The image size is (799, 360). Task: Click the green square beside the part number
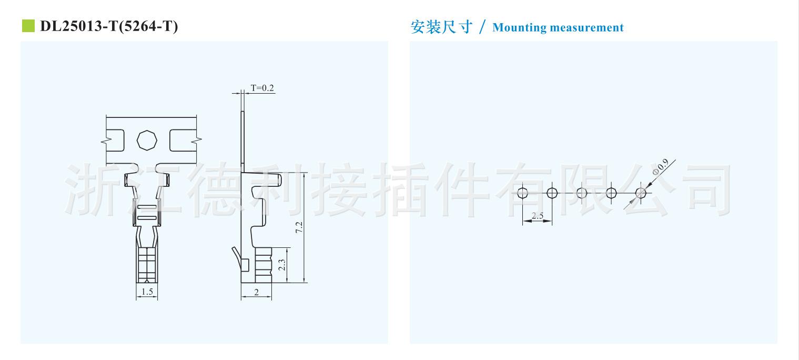[27, 26]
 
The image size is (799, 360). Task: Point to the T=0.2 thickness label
[262, 88]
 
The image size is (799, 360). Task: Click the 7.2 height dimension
[299, 227]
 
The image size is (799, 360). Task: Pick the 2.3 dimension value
[281, 265]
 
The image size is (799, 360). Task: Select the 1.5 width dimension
[147, 291]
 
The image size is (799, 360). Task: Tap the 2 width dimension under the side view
[256, 292]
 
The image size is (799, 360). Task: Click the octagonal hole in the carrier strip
[146, 140]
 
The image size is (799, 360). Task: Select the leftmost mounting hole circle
[522, 193]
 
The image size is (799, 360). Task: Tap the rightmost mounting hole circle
[641, 193]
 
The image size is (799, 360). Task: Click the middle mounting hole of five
[582, 193]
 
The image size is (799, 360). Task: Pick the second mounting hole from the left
[552, 193]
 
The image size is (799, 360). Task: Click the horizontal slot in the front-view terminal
[147, 217]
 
